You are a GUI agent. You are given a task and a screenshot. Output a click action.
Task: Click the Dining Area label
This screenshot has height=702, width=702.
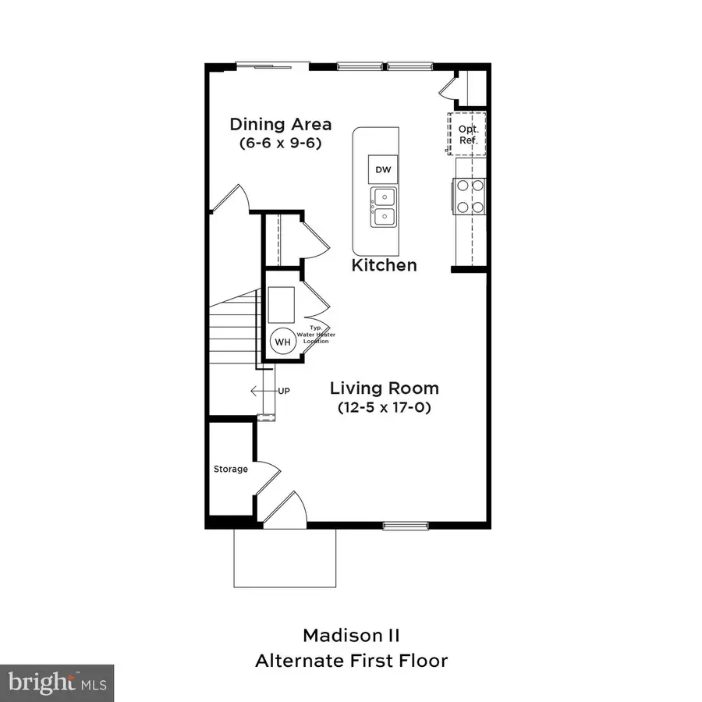280,124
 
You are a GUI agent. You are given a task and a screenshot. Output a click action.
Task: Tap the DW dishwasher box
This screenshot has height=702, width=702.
382,170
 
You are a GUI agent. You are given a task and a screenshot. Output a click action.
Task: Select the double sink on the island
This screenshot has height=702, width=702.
382,207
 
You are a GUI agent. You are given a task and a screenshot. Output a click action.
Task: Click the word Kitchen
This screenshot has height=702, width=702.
384,265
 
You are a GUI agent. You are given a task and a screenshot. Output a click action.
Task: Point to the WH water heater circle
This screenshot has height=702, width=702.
282,341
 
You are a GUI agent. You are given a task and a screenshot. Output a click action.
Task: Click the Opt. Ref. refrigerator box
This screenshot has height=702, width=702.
467,133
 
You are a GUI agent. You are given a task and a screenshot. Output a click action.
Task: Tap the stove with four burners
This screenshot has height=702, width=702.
470,196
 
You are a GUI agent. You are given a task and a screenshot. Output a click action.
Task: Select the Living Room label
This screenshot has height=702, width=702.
384,388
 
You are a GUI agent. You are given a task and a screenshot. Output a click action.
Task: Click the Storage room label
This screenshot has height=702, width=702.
231,469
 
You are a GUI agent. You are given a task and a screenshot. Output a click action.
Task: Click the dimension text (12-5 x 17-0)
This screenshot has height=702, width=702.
384,407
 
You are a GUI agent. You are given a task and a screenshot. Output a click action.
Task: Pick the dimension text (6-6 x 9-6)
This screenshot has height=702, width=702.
280,144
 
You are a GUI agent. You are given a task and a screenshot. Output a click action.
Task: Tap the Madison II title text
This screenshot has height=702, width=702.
351,634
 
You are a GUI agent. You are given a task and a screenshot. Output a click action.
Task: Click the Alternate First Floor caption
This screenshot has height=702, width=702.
351,661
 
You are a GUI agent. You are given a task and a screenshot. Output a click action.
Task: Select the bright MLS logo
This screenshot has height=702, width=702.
57,682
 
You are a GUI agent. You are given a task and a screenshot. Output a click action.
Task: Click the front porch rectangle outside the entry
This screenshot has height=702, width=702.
285,558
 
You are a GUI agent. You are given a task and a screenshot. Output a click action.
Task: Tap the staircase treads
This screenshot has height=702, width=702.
234,328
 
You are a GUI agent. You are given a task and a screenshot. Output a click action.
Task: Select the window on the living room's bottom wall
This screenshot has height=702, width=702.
405,525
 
